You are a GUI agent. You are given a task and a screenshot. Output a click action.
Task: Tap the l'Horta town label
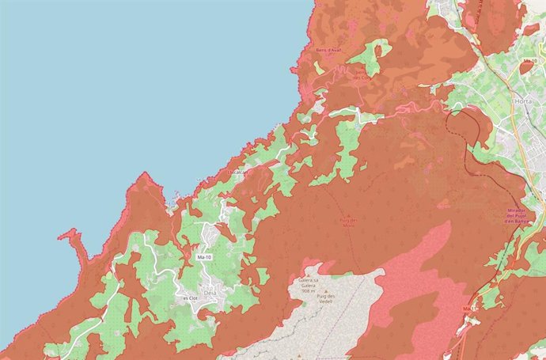(522, 101)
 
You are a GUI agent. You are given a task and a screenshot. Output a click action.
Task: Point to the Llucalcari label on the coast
(238, 171)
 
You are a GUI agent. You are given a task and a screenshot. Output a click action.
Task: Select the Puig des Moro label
(348, 222)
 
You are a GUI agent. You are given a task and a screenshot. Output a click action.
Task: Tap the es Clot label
(190, 298)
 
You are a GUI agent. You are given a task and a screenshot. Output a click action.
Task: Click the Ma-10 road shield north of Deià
(204, 257)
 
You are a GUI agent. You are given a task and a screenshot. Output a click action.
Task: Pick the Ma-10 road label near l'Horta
(530, 60)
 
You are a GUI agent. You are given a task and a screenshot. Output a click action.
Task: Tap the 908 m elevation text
(309, 290)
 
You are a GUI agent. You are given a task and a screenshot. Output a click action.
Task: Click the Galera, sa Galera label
(309, 282)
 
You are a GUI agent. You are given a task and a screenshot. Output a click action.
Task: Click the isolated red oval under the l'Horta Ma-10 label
(525, 68)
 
